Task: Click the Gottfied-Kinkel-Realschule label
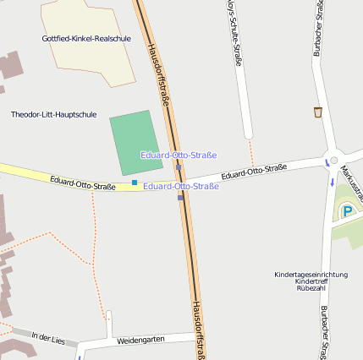86,38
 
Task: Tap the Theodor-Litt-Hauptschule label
53,113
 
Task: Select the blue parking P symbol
347,211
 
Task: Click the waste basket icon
318,112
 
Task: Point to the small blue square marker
135,182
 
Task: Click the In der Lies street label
47,337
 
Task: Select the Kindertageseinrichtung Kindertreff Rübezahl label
311,281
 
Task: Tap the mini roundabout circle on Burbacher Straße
333,160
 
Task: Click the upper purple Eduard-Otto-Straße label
179,155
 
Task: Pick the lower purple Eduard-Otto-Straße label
181,186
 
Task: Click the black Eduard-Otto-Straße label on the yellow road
82,182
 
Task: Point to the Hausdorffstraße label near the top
160,68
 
